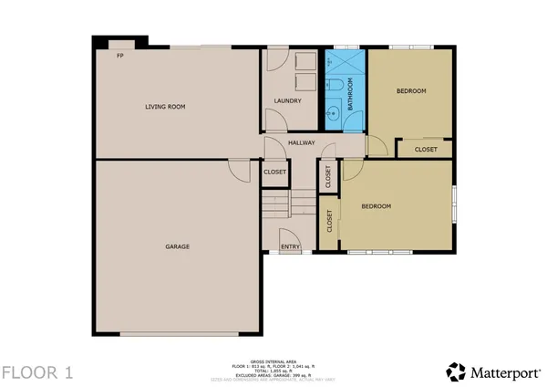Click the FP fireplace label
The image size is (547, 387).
click(x=119, y=56)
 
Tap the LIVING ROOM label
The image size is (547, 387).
click(x=165, y=107)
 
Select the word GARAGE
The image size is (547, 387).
click(x=178, y=246)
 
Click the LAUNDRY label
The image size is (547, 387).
click(x=288, y=100)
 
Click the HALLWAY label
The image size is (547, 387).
click(x=301, y=143)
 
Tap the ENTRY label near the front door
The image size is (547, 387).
click(x=290, y=246)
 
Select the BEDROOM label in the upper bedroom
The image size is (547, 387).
click(x=410, y=92)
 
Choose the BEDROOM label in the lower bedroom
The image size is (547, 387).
click(x=376, y=207)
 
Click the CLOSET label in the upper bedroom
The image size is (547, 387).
click(x=426, y=150)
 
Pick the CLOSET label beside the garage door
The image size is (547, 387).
click(x=275, y=172)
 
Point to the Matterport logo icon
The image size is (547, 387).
click(x=455, y=371)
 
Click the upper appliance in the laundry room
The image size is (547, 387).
click(x=307, y=61)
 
